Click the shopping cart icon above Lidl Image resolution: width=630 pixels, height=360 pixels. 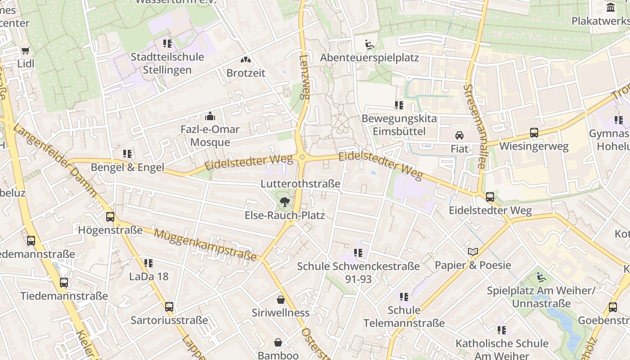pos(25,50)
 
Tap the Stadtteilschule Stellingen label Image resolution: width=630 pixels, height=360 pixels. pos(167,63)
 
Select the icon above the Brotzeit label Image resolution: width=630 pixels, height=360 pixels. pos(245,59)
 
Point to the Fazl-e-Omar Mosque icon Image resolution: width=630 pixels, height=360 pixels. pos(210,117)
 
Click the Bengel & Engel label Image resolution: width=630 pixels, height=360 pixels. pos(127,167)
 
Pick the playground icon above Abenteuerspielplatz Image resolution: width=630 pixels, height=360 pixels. pos(369,44)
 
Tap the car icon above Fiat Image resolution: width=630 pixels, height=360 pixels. pos(459,135)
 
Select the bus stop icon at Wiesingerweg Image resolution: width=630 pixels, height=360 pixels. pos(534,133)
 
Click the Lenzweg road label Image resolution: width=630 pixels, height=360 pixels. pos(305,76)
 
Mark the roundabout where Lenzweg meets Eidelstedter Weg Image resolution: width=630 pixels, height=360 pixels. pos(302,157)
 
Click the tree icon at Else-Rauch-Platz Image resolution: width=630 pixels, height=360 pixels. pos(284,202)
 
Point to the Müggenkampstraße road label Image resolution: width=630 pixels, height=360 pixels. pos(205,245)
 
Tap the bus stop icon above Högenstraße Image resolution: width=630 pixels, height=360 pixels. pos(110,217)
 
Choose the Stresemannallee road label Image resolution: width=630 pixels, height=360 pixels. pos(474,126)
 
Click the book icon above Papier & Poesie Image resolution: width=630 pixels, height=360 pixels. pos(472,252)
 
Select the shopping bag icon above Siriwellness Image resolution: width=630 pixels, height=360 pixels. pos(281,299)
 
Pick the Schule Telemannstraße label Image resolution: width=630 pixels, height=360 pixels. pos(404,316)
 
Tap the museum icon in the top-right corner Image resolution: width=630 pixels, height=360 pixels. pos(611,7)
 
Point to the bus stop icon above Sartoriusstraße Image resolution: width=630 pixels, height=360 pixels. pos(169,307)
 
